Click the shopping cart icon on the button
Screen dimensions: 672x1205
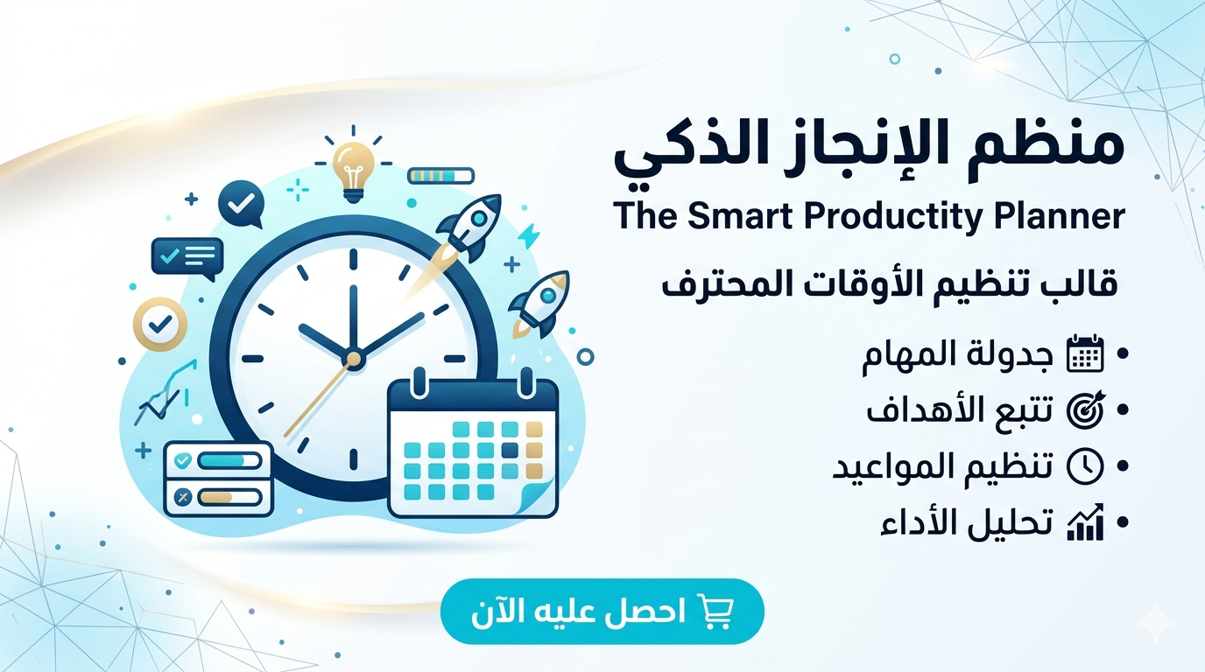click(715, 611)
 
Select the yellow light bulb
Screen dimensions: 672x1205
click(354, 167)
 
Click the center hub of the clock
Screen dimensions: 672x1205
click(353, 358)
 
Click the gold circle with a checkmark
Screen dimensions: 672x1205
click(160, 324)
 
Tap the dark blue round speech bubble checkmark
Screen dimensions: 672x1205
click(240, 203)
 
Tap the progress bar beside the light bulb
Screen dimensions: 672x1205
click(441, 176)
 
